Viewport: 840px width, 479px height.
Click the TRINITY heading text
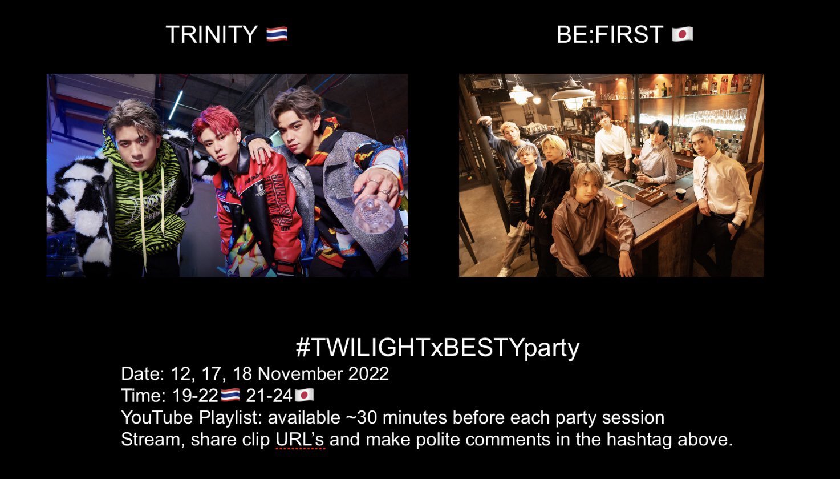211,35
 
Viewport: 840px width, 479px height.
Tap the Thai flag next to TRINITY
277,35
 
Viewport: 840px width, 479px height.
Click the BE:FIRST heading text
609,35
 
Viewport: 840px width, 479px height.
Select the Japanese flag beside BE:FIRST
682,35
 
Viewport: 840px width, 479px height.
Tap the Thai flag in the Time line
230,395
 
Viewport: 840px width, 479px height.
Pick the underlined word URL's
301,440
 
